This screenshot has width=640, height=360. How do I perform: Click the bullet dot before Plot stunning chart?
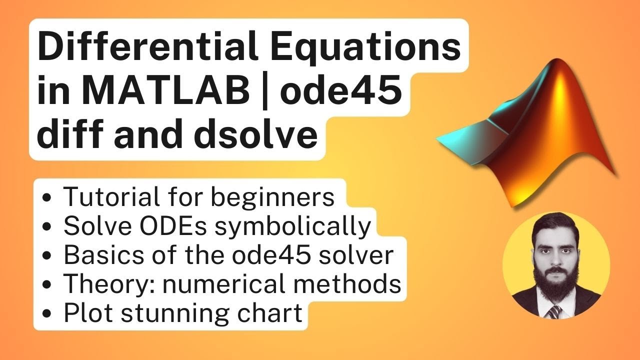pyautogui.click(x=47, y=314)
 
